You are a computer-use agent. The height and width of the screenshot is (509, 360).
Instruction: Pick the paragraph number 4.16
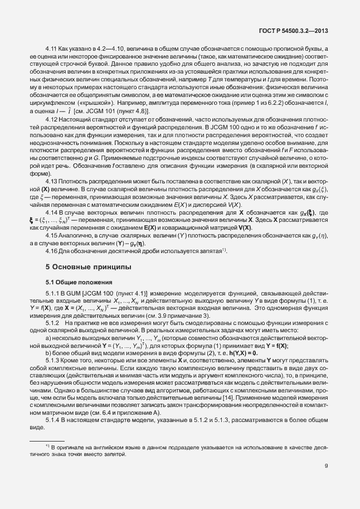52,236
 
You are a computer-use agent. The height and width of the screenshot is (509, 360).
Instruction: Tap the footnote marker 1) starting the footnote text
47,446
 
